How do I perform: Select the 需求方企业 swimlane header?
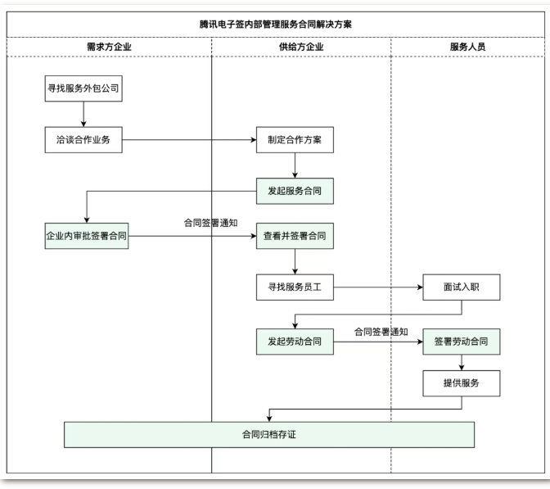tap(109, 47)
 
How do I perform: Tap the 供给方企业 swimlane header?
tap(301, 47)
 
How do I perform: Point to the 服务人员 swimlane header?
tap(467, 47)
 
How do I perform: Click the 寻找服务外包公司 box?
tap(83, 88)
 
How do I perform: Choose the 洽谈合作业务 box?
tap(83, 139)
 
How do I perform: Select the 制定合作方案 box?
tap(295, 139)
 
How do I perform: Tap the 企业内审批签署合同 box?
tap(86, 236)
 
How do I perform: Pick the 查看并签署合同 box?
tap(295, 236)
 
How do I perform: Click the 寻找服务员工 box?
tap(295, 288)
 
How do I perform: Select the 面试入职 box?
tap(461, 288)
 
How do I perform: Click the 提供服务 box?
tap(461, 382)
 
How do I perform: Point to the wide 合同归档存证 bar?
tap(269, 434)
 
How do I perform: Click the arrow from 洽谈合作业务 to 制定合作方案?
tap(188, 139)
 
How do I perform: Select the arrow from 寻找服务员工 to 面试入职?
tap(376, 288)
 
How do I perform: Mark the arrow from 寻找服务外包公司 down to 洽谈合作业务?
tap(83, 114)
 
